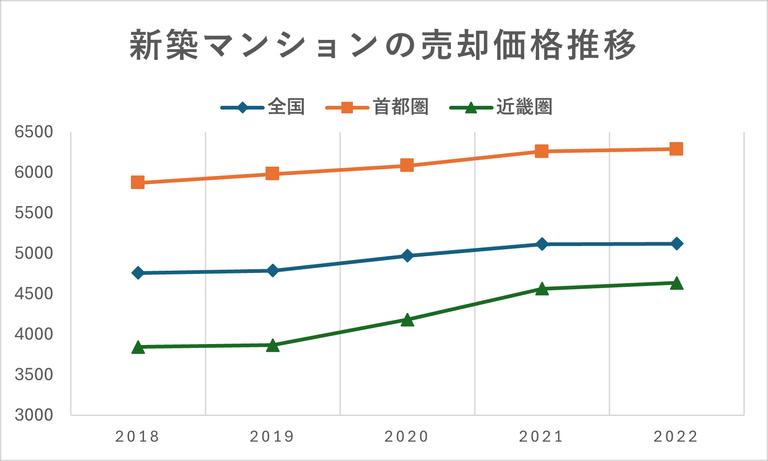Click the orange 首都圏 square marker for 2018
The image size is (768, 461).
(138, 183)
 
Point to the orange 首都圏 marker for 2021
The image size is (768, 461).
(542, 151)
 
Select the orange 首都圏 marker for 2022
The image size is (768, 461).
(676, 149)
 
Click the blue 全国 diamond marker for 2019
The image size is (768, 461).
(273, 271)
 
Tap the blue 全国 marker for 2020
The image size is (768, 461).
(407, 256)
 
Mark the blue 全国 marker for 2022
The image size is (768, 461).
(676, 244)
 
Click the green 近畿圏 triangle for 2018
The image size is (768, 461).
(138, 346)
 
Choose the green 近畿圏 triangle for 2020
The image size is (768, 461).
(407, 319)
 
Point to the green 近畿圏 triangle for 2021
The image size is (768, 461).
(542, 288)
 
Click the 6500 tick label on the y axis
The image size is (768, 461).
(34, 132)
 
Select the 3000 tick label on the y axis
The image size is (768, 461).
(34, 415)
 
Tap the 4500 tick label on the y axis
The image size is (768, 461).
(34, 294)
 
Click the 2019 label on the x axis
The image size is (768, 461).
(272, 437)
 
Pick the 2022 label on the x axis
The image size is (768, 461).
(676, 437)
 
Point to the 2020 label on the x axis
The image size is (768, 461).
(407, 437)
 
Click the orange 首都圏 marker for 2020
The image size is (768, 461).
(407, 165)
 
